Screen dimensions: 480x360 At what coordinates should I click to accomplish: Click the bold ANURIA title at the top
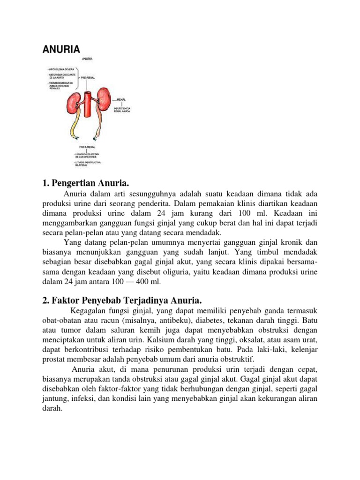click(x=61, y=49)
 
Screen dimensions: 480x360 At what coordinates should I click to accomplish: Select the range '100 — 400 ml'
click(x=139, y=282)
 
